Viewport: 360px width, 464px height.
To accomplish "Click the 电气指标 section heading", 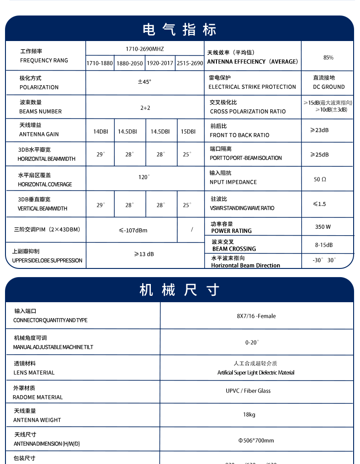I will pyautogui.click(x=180, y=29).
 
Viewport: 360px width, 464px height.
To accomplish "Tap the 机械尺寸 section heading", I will pyautogui.click(x=180, y=290).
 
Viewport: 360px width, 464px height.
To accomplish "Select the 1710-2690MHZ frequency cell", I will pyautogui.click(x=144, y=48).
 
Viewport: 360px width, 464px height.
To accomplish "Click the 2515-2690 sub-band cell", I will pyautogui.click(x=190, y=63).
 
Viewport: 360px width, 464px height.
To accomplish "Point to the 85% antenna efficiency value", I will pyautogui.click(x=328, y=57).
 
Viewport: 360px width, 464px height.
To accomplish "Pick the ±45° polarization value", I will pyautogui.click(x=144, y=82).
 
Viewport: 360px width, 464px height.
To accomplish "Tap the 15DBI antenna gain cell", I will pyautogui.click(x=188, y=131).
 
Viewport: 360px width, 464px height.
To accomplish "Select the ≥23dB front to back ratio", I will pyautogui.click(x=319, y=130).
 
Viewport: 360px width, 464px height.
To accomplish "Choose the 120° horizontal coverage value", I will pyautogui.click(x=144, y=177).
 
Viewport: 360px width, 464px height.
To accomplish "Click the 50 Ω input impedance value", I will pyautogui.click(x=320, y=180).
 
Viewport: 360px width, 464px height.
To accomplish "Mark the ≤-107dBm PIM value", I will pyautogui.click(x=133, y=230).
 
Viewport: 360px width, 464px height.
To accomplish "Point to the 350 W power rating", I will pyautogui.click(x=323, y=227).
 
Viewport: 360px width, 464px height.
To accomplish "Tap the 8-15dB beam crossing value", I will pyautogui.click(x=324, y=245).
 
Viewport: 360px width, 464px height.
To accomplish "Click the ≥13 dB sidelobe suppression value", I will pyautogui.click(x=144, y=254).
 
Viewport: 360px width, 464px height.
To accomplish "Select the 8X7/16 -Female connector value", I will pyautogui.click(x=256, y=316).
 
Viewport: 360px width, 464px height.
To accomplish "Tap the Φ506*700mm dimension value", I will pyautogui.click(x=256, y=440).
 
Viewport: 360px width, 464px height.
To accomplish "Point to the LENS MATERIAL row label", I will pyautogui.click(x=34, y=372).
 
